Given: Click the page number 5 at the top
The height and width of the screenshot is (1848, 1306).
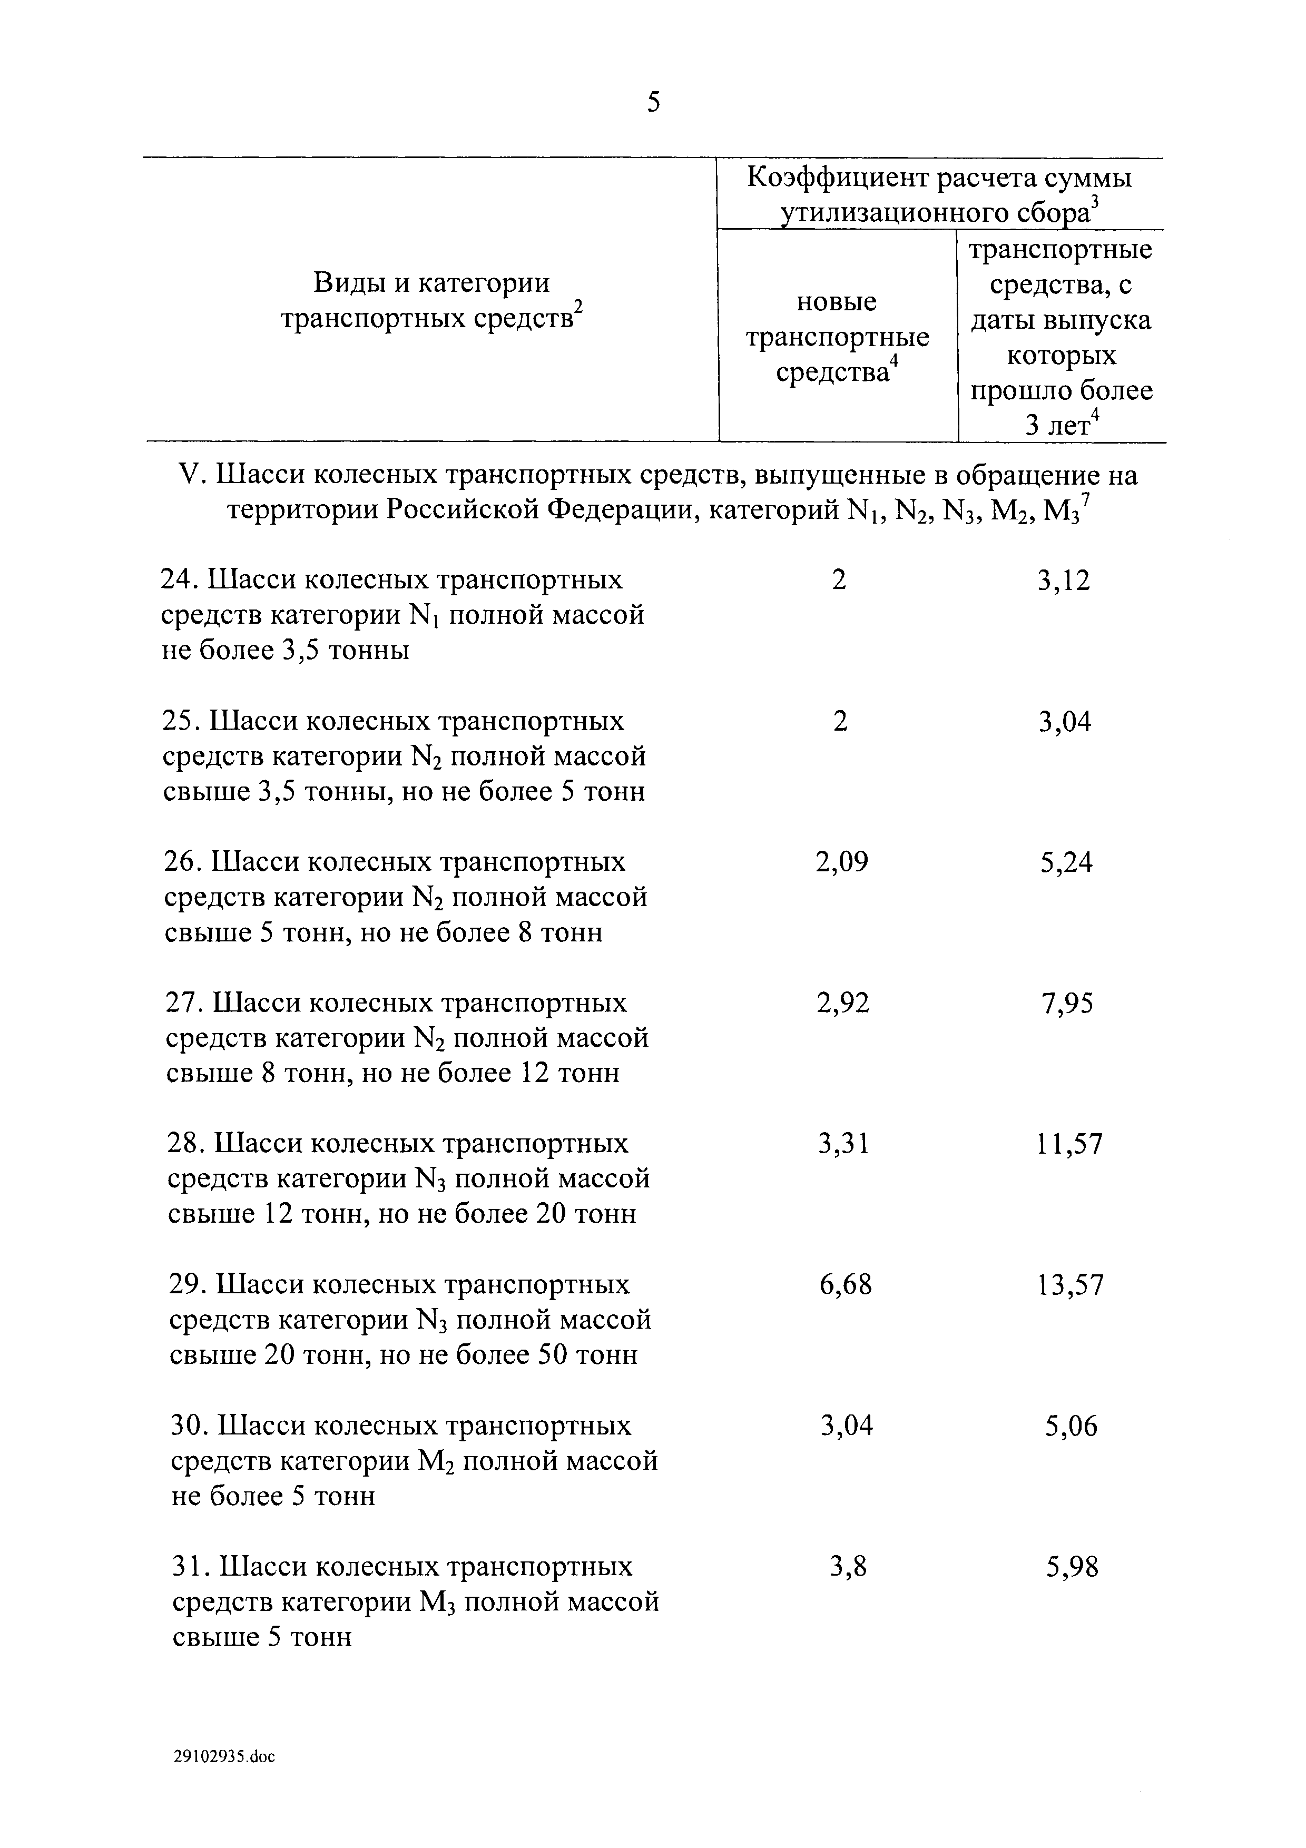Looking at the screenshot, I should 653,103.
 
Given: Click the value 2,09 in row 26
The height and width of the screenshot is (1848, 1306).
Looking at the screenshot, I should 842,863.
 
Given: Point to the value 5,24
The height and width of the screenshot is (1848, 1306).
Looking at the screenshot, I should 1066,863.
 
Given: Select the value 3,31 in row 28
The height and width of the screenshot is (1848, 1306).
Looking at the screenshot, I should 843,1145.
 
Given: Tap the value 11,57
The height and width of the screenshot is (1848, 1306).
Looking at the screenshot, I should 1069,1145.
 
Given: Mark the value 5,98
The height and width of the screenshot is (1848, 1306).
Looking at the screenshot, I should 1073,1568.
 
